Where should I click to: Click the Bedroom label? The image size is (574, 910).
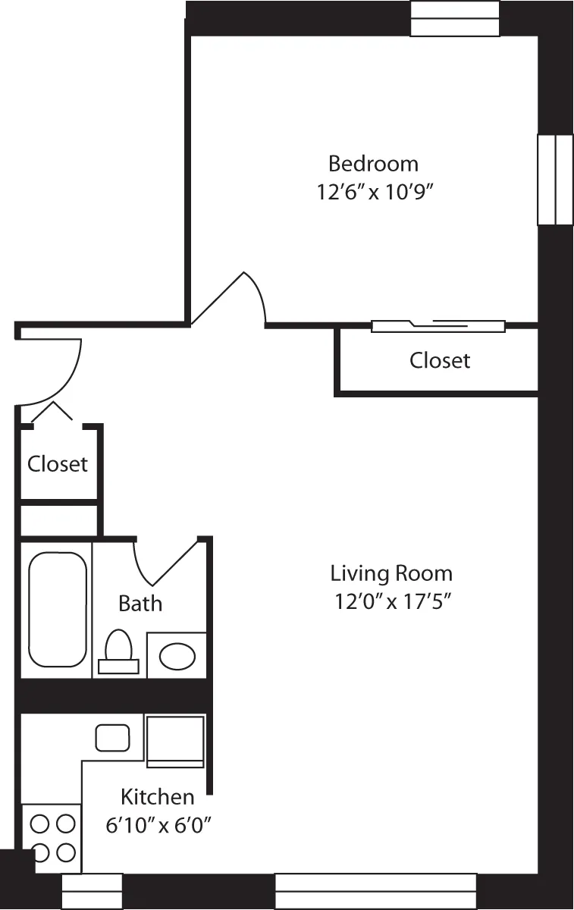point(373,163)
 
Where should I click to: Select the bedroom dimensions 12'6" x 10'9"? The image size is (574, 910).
point(374,192)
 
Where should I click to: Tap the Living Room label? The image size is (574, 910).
point(391,573)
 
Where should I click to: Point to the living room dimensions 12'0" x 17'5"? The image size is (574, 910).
point(393,601)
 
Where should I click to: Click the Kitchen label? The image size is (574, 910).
point(158,796)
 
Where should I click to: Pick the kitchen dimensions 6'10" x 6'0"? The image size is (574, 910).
point(158,825)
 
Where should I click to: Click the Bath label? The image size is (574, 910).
point(140,604)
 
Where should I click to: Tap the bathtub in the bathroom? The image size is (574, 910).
point(57,610)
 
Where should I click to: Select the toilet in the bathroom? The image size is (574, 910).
point(119,651)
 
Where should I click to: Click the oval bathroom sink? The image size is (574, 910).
point(177,656)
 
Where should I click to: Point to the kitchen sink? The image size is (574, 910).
point(112,737)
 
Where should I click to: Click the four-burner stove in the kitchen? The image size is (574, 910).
point(52,838)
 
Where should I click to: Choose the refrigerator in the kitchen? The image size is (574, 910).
point(175,740)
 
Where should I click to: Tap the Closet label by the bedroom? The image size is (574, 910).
point(440,360)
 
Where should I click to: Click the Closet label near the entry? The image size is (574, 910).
point(58,463)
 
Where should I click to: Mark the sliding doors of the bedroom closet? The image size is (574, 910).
point(438,326)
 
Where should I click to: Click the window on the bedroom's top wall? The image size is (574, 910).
point(455,19)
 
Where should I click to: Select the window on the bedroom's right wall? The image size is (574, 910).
point(555,180)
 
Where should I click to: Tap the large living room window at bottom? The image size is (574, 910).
point(375,890)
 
